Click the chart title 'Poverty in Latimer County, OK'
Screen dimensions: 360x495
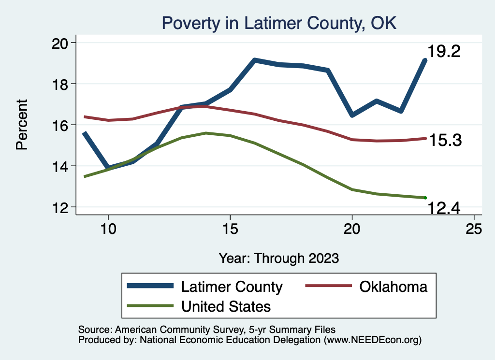[x=279, y=23]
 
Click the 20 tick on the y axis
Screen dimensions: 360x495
[x=61, y=43]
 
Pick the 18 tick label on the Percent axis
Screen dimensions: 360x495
[x=61, y=84]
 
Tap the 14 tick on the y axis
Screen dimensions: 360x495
[x=61, y=166]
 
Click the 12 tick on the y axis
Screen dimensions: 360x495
[x=61, y=207]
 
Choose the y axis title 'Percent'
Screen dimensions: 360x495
[x=22, y=124]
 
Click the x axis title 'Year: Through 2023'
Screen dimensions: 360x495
[x=278, y=258]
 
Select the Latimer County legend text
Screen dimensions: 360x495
[x=232, y=287]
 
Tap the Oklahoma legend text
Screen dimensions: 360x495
[x=393, y=287]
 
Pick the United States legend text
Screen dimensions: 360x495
[x=226, y=306]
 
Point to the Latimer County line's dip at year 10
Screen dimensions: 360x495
[x=108, y=168]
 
